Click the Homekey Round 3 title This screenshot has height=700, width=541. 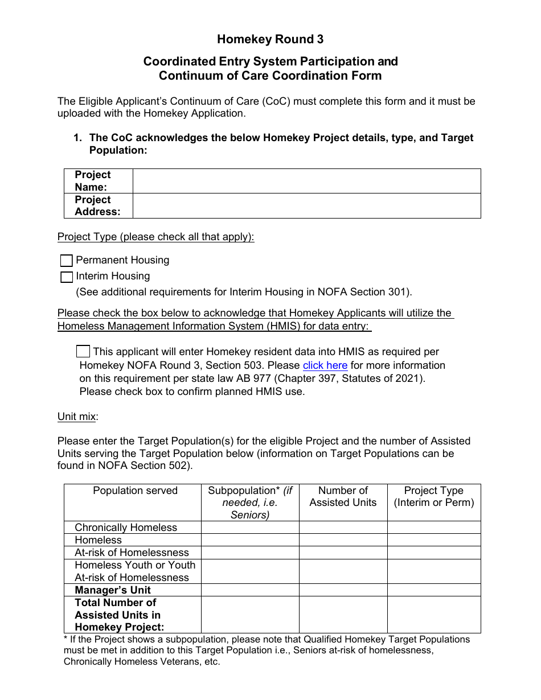270,39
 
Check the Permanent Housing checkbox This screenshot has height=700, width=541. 67,261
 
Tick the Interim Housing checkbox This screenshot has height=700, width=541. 67,277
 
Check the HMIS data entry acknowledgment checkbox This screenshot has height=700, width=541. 83,351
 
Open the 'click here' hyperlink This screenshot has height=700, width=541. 325,365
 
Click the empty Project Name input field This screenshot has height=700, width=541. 306,181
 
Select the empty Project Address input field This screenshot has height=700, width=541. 306,206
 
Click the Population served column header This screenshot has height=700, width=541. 135,491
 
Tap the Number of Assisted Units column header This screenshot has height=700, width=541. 343,496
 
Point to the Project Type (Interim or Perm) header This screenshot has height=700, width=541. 433,496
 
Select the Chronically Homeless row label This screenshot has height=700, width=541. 126,528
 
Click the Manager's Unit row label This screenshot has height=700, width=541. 113,590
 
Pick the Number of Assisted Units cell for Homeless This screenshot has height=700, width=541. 343,540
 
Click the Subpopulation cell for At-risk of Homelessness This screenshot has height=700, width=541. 250,553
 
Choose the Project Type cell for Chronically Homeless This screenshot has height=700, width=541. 433,528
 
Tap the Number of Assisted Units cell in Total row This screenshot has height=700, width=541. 343,615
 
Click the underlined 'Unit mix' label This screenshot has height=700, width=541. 76,417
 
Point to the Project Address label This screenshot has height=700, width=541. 97,206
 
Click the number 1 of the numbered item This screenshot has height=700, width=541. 77,138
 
